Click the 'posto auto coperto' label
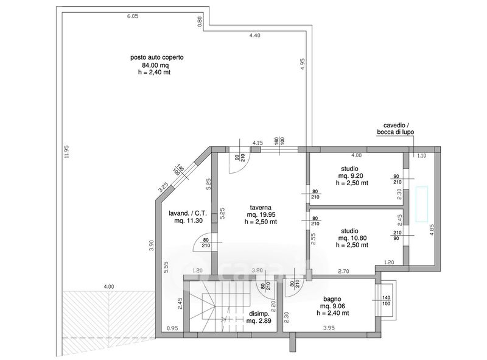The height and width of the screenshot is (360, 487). click(x=157, y=57)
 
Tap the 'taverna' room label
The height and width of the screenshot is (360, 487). click(x=261, y=207)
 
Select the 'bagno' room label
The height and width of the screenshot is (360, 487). click(x=332, y=299)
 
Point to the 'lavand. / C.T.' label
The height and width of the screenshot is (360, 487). click(x=188, y=214)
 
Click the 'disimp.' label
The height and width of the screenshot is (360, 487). click(x=259, y=314)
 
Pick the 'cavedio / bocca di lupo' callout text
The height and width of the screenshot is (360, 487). click(x=395, y=129)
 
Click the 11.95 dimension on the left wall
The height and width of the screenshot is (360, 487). click(x=66, y=152)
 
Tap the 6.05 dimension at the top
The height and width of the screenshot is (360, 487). click(x=133, y=16)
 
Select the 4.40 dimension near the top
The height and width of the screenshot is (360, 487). click(x=254, y=35)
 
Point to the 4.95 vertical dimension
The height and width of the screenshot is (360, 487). click(x=303, y=64)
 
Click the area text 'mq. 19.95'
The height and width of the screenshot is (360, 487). click(x=261, y=214)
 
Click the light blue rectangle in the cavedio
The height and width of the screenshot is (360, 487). click(x=422, y=204)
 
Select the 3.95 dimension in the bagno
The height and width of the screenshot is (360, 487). click(x=329, y=328)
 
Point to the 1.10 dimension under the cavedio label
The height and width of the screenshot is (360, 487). click(x=421, y=156)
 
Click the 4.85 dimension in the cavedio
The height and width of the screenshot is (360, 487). click(x=432, y=230)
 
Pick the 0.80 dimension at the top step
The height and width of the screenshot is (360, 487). click(x=200, y=21)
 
